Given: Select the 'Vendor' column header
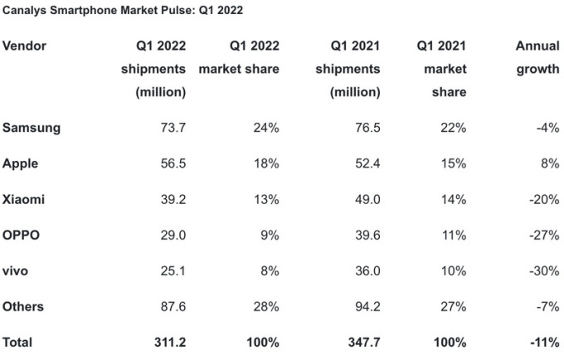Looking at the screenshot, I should (25, 46).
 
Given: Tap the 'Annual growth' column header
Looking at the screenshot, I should (537, 57).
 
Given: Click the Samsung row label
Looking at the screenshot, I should (32, 128).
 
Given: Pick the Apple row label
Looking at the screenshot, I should (21, 163).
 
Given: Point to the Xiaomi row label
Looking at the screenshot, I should (24, 199).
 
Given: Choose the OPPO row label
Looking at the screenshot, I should (22, 235).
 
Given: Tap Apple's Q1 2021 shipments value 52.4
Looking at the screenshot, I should (367, 163).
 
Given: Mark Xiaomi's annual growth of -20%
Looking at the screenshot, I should (543, 199).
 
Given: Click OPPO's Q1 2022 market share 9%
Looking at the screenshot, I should (269, 235).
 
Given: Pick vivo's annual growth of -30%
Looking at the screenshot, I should (543, 270).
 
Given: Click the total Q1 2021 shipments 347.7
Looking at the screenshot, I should (363, 342).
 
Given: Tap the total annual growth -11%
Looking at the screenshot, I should (543, 342).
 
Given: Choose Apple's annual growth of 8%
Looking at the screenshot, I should (549, 163).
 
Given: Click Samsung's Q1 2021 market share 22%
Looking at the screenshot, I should (454, 128).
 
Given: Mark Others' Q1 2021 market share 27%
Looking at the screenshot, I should (454, 306).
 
